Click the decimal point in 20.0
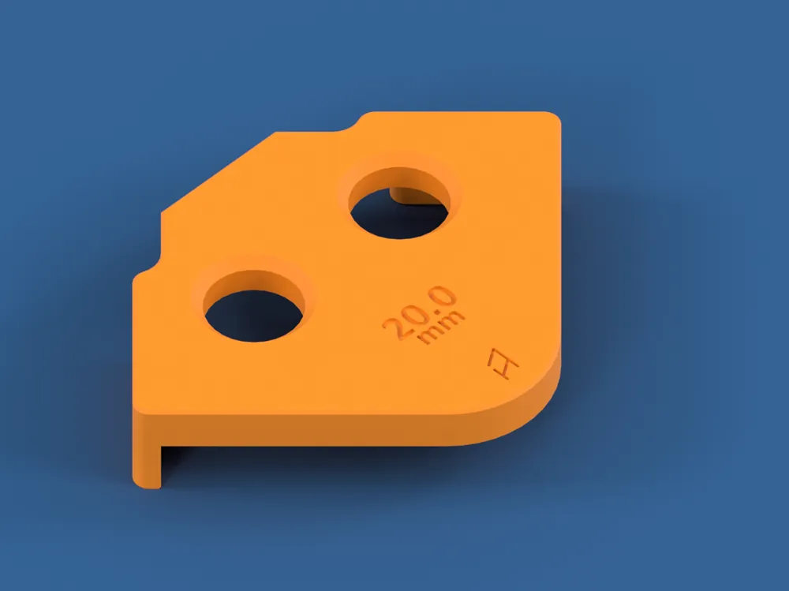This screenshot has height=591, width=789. pyautogui.click(x=432, y=309)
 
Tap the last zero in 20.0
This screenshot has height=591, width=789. pyautogui.click(x=444, y=298)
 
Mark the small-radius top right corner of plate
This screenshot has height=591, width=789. pyautogui.click(x=553, y=120)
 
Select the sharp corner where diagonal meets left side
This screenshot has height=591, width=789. pyautogui.click(x=163, y=212)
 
